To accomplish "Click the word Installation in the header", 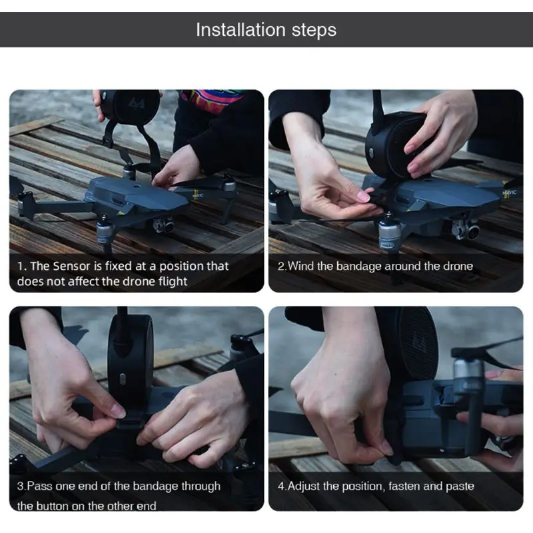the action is pos(241,29).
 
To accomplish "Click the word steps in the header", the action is pos(314,31).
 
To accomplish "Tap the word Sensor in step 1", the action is pos(71,266).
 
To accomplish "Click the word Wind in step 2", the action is pos(300,266).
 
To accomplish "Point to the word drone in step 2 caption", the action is pos(458,266).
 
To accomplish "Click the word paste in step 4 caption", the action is pos(460,487).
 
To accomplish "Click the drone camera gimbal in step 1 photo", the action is pos(163,225).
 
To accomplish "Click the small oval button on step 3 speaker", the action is pos(123,378).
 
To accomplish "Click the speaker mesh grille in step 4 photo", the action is pos(416,343).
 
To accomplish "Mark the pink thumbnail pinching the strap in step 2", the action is pos(363,195).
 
